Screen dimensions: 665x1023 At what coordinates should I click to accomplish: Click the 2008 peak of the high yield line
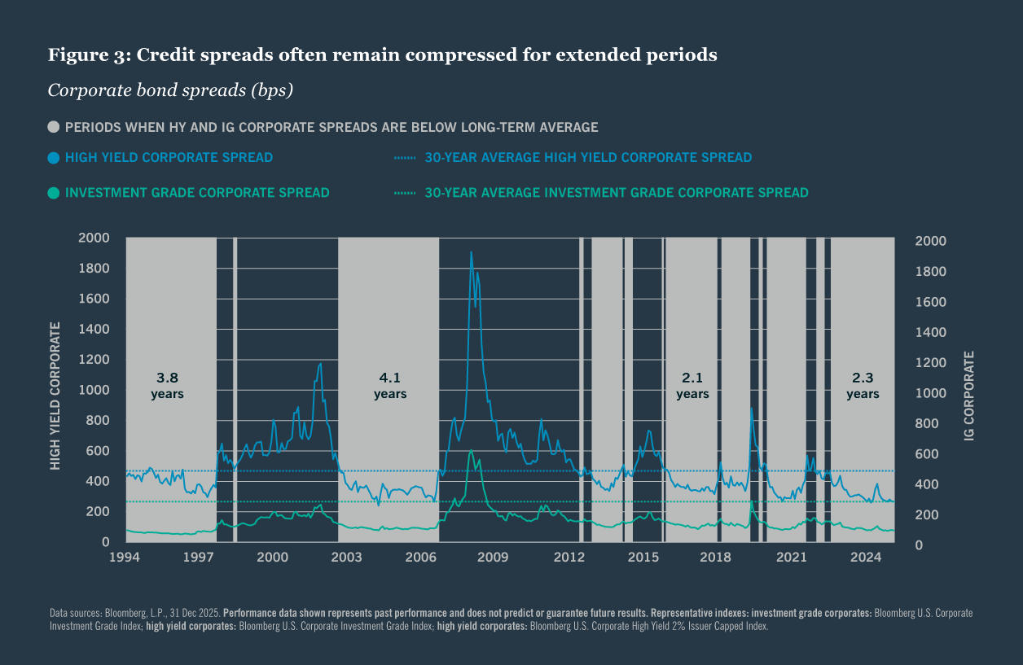[471, 252]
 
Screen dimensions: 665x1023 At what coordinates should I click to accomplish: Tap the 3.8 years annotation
[167, 385]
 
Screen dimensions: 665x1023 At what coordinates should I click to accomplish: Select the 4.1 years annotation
[390, 385]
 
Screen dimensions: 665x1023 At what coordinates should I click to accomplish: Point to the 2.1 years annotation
[692, 385]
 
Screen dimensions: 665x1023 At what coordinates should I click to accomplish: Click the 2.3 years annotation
[863, 385]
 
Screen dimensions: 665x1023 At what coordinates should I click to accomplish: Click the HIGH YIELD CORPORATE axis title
[55, 396]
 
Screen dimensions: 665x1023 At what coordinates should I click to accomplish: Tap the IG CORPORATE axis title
[968, 396]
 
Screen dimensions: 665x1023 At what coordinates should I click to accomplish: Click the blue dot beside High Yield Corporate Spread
[54, 157]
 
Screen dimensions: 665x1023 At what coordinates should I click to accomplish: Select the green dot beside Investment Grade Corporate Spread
[54, 193]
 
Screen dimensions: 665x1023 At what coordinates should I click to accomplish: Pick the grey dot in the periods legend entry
[54, 127]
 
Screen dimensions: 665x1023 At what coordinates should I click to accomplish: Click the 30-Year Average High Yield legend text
[587, 157]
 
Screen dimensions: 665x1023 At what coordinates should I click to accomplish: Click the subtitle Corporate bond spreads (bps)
[170, 90]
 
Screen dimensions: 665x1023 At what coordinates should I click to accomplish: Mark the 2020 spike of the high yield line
[751, 408]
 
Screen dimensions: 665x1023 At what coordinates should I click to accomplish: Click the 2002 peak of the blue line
[320, 364]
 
